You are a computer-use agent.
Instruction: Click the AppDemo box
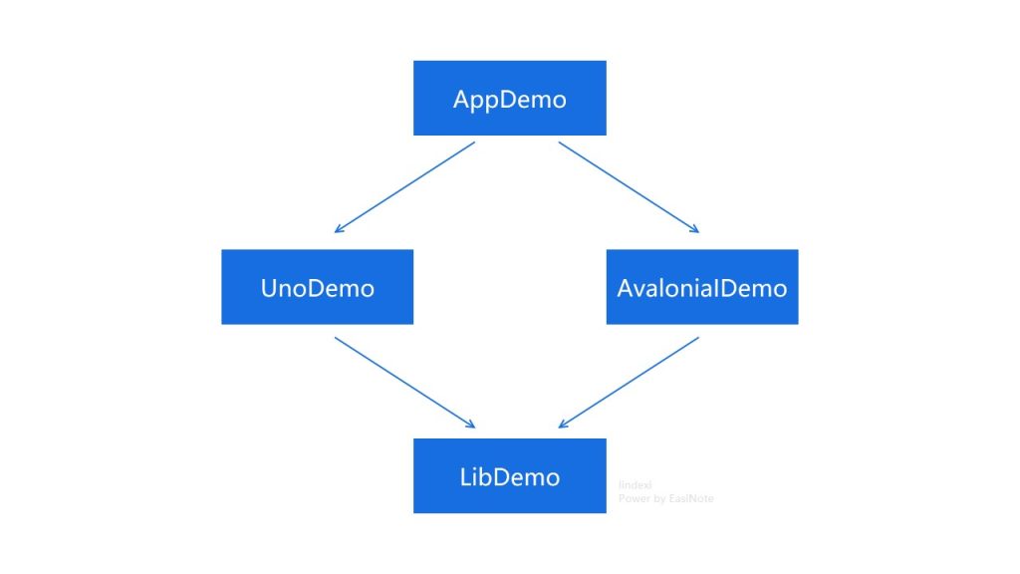tap(509, 98)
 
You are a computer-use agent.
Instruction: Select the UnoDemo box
tap(317, 287)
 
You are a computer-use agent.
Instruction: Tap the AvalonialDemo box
tap(701, 287)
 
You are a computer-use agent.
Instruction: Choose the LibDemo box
tap(509, 475)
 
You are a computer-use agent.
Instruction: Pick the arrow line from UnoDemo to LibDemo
tap(404, 383)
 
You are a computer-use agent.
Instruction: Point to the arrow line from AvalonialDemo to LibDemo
tap(629, 383)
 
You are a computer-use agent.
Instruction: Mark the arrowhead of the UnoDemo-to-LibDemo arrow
tap(471, 426)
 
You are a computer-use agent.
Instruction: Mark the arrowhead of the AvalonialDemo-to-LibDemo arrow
tap(564, 426)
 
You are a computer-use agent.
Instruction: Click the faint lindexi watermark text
tap(635, 484)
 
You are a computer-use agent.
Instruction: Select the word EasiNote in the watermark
tap(691, 497)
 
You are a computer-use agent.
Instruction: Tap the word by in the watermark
tap(660, 497)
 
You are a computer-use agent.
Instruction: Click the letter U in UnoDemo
tap(269, 288)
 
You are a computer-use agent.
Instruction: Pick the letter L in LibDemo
tap(465, 476)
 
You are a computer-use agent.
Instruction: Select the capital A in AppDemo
tap(461, 99)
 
